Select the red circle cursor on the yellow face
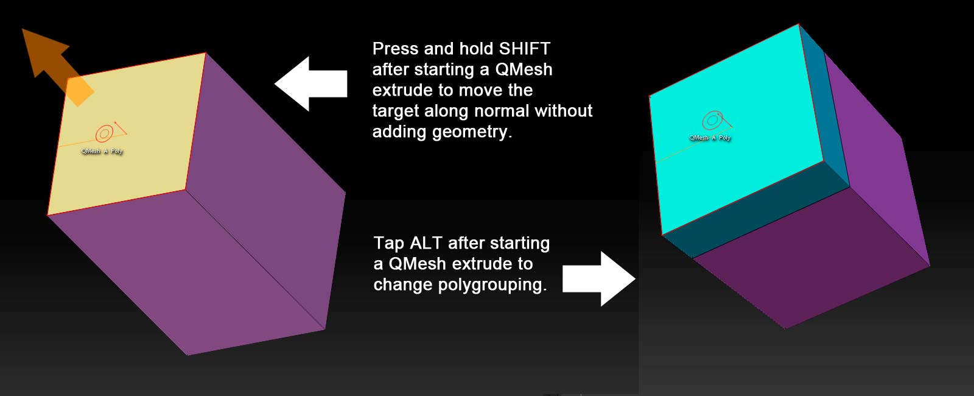point(105,133)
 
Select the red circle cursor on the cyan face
point(712,121)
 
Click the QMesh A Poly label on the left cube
point(102,151)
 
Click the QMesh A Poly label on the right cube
point(710,138)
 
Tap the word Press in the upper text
point(395,49)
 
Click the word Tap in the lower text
point(389,243)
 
